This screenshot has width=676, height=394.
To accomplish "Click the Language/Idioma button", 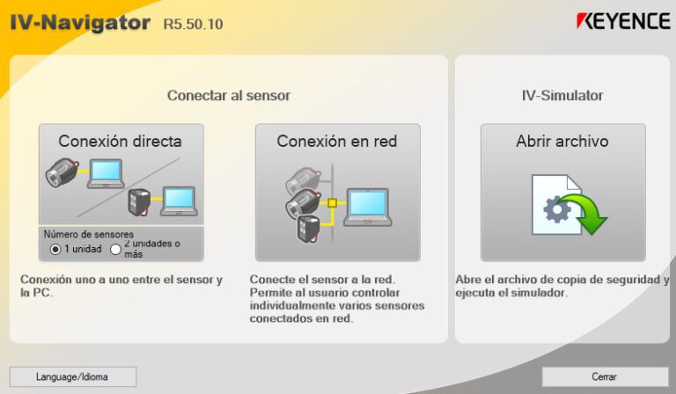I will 73,376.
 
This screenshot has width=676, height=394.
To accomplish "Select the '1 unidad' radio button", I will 55,249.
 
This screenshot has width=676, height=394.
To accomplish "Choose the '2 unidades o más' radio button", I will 115,249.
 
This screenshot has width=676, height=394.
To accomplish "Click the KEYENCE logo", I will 623,22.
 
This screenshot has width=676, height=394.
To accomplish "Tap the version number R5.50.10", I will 193,24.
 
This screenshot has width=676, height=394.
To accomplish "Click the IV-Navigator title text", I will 80,23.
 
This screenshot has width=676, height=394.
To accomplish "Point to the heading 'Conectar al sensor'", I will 228,95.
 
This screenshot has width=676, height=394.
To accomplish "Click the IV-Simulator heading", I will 562,95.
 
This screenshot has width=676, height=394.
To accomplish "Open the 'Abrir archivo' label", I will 562,141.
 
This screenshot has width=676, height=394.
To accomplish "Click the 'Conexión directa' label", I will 121,141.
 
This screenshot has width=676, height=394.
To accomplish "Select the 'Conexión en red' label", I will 337,141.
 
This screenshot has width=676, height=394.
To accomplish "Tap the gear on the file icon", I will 557,209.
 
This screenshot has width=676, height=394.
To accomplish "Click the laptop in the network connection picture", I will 367,207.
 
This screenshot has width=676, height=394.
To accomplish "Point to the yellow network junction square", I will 332,204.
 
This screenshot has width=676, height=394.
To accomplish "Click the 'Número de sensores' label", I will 89,235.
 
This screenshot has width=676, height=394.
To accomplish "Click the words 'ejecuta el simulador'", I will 511,293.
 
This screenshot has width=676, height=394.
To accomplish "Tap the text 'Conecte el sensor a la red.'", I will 314,280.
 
